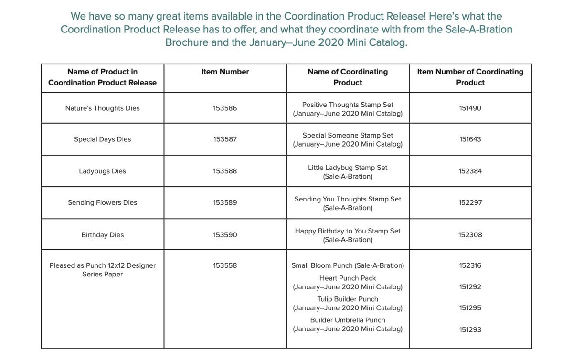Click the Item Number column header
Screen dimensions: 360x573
pyautogui.click(x=225, y=72)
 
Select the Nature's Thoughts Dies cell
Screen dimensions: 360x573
pyautogui.click(x=103, y=108)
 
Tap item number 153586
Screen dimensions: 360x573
pyautogui.click(x=225, y=108)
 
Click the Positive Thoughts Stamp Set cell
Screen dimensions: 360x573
pyautogui.click(x=348, y=109)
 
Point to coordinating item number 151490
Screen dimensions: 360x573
pyautogui.click(x=470, y=108)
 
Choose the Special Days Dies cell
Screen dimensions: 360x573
pyautogui.click(x=103, y=139)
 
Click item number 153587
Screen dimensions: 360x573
pyautogui.click(x=225, y=139)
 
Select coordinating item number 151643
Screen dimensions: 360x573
pyautogui.click(x=470, y=139)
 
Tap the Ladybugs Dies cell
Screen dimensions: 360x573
pyautogui.click(x=103, y=171)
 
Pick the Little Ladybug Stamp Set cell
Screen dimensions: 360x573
pyautogui.click(x=348, y=172)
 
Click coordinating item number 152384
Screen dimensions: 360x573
pyautogui.click(x=470, y=171)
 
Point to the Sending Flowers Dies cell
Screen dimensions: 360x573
pyautogui.click(x=103, y=202)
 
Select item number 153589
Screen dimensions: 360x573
pyautogui.click(x=225, y=202)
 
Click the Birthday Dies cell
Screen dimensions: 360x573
pyautogui.click(x=103, y=235)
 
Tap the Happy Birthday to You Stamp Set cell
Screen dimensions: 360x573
pyautogui.click(x=348, y=235)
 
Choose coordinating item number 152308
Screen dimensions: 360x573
pyautogui.click(x=470, y=235)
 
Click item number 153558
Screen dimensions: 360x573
pyautogui.click(x=225, y=265)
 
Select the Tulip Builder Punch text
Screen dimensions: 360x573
pyautogui.click(x=348, y=299)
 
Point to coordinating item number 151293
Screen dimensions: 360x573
pyautogui.click(x=470, y=329)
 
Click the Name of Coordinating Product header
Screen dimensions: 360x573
pyautogui.click(x=348, y=77)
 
